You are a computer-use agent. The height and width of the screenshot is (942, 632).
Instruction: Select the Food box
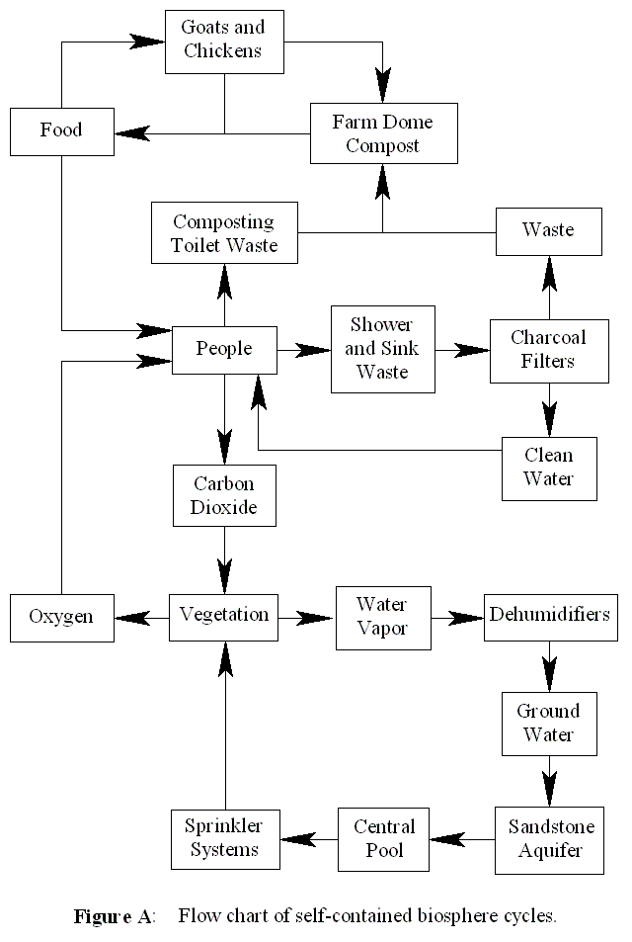pos(61,130)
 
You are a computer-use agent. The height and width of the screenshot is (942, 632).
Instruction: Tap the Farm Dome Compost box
pos(383,132)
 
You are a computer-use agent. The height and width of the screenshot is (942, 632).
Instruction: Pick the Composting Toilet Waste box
pos(224,233)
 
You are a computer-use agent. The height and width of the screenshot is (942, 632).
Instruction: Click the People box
pos(224,349)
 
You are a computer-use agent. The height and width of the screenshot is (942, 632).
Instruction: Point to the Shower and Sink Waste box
pos(383,348)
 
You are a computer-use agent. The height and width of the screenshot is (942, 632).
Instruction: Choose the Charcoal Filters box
pos(548,349)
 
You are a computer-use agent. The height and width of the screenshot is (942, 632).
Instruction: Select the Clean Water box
pos(549,469)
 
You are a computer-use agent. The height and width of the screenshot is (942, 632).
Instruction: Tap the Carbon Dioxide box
pos(224,496)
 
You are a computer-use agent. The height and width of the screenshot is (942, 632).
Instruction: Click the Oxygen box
pos(61,617)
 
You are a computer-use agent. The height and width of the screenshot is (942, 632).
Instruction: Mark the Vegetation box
pos(224,615)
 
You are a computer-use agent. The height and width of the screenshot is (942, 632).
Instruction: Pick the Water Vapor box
pos(383,617)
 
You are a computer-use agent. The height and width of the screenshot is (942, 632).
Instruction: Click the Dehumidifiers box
pos(550,615)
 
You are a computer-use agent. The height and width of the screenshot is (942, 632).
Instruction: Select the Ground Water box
pos(549,724)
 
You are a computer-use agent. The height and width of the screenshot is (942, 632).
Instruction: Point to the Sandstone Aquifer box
pos(549,838)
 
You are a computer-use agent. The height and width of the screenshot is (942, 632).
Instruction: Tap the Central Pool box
pos(383,838)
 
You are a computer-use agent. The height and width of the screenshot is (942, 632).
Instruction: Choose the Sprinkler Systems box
pos(225,838)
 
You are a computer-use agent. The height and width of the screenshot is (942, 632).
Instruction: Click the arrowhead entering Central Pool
pos(446,839)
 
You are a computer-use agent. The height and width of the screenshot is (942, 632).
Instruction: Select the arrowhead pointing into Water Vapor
pos(318,618)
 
